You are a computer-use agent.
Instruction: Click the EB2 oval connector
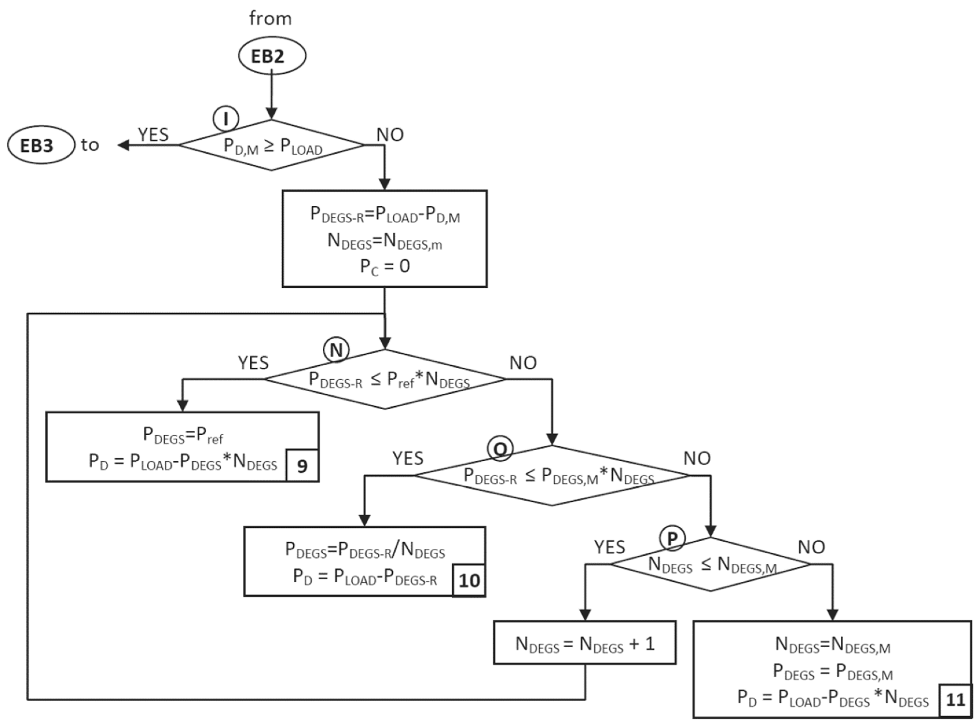(x=272, y=56)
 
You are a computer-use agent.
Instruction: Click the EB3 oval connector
(x=41, y=145)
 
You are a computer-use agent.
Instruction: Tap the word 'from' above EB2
(x=270, y=19)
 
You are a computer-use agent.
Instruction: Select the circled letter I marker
(x=226, y=119)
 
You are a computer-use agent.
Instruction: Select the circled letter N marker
(x=336, y=350)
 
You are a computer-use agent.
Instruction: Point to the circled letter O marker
(x=500, y=448)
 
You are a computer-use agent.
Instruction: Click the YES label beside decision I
(x=153, y=135)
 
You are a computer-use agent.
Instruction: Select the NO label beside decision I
(x=390, y=135)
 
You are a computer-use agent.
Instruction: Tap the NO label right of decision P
(x=811, y=547)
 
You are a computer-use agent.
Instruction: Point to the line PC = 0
(x=385, y=267)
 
